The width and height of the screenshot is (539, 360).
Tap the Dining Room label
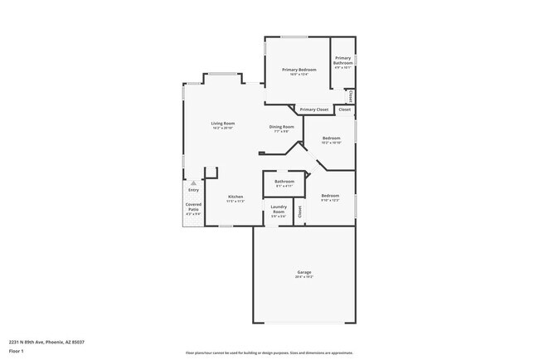point(280,127)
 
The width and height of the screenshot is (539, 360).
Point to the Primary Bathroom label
point(343,61)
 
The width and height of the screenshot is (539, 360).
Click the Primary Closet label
point(314,109)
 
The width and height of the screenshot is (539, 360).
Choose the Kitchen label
point(236,197)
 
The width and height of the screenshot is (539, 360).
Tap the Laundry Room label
point(279,209)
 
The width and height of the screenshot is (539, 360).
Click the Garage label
point(304,272)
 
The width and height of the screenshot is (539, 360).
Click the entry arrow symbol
point(193,183)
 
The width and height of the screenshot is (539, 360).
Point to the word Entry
point(193,190)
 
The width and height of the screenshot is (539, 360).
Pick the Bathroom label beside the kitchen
point(284,181)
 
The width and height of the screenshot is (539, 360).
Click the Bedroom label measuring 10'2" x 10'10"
point(331,138)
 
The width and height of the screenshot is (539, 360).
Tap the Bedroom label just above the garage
point(330,196)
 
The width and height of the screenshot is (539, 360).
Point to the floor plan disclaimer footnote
point(269,353)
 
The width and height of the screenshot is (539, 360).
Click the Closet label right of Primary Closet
point(344,109)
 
